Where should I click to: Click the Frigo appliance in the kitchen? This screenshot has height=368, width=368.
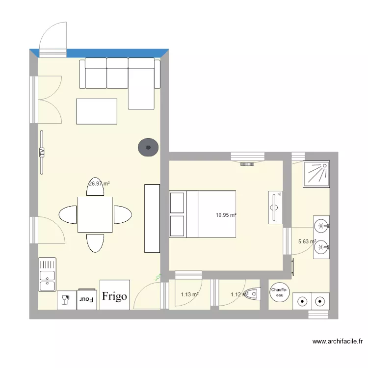coord(115,295)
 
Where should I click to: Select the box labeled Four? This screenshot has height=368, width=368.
coord(87,299)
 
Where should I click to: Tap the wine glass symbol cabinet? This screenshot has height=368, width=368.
coord(65,300)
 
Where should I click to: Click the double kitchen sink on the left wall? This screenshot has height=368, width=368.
coord(47,274)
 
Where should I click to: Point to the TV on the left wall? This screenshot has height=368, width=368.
coord(42,152)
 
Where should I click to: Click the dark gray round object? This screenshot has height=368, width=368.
coord(148,147)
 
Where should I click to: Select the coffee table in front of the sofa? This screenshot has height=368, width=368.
coord(97,111)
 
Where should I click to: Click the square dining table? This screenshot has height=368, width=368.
coord(95,215)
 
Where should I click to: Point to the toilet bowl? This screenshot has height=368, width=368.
coord(253,293)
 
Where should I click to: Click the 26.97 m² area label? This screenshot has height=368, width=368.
coord(99,184)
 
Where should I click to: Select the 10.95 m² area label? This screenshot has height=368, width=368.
coord(226,215)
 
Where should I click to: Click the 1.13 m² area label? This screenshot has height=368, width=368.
coord(189,294)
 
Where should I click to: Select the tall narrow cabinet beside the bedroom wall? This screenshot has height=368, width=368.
coord(152,218)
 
